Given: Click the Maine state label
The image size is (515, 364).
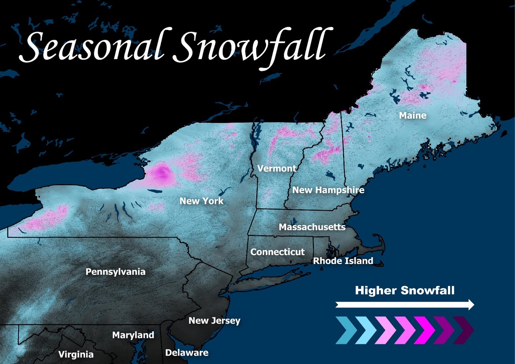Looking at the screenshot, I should click(412, 115).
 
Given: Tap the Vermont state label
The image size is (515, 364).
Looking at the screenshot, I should click(276, 169).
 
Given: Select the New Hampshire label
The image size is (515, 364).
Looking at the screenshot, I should click(328, 190).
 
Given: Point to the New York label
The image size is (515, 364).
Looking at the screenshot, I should click(201, 201).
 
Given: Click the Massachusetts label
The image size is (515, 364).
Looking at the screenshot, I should click(312, 227).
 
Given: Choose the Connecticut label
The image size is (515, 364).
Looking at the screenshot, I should click(277, 252).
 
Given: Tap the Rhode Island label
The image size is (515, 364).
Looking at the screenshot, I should click(343, 261).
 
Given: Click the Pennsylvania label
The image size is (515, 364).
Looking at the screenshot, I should click(115, 272).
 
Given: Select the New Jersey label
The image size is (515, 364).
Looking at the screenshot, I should click(214, 321).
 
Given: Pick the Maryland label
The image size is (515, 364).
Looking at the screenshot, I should click(133, 335).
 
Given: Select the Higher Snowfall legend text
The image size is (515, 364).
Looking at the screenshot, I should click(405, 291).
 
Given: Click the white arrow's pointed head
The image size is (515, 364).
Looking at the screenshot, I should click(471, 305).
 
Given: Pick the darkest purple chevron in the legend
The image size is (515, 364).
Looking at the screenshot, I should click(464, 330).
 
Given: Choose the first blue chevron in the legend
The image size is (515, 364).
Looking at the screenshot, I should click(346, 330).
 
